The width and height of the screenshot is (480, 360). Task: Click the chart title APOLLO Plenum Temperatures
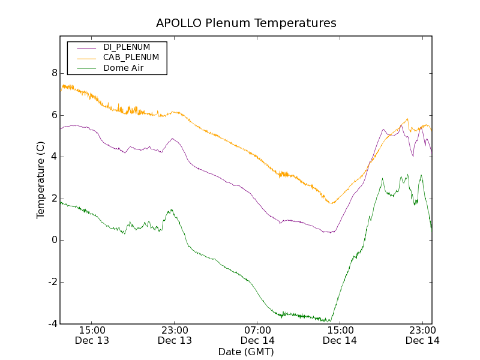(246, 23)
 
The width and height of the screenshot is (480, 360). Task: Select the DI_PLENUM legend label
(127, 47)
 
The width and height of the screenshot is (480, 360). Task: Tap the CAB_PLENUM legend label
(131, 58)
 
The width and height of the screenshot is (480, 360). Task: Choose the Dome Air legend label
(124, 68)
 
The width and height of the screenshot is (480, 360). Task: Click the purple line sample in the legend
(86, 47)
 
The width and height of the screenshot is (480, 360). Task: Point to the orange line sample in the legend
(86, 58)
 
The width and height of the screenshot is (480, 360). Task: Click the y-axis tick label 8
(54, 73)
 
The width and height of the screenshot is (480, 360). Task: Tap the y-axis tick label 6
(54, 115)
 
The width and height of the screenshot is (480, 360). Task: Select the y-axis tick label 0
(54, 241)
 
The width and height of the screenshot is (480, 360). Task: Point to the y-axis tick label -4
(52, 324)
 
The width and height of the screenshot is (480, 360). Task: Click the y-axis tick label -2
(52, 282)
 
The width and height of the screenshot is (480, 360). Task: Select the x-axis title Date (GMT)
(246, 352)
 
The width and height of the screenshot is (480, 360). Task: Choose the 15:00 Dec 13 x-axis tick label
(92, 335)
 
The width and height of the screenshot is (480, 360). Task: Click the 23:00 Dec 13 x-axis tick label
(175, 335)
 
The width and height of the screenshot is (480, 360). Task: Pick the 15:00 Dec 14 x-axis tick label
(340, 335)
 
